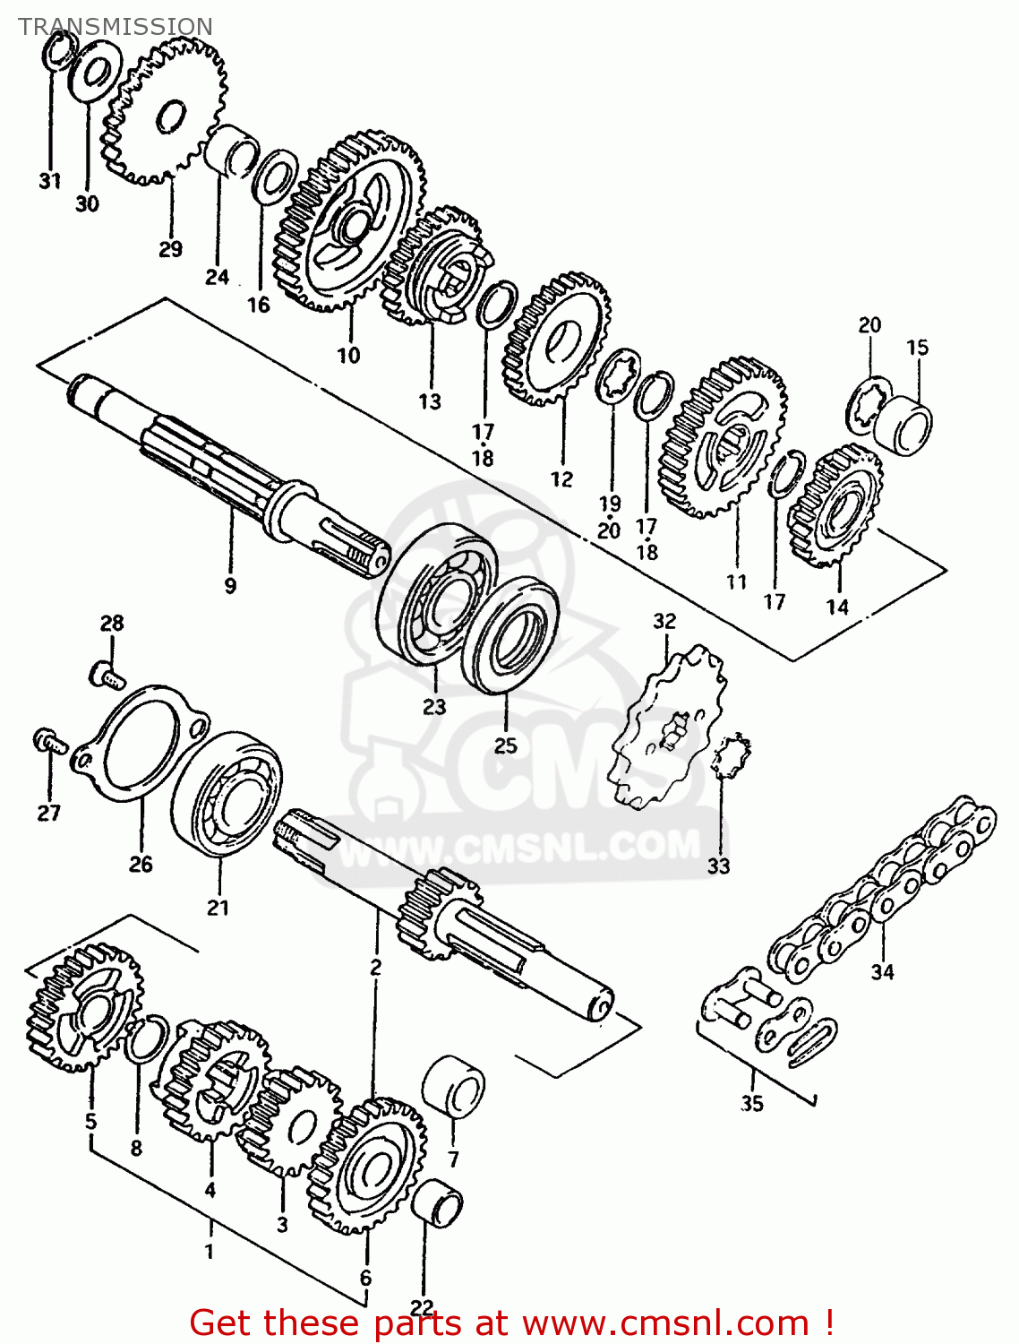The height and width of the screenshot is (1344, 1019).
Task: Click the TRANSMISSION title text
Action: tap(116, 26)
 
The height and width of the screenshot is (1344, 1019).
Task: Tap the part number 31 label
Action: tap(50, 181)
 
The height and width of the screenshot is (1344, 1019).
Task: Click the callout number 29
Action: tap(170, 249)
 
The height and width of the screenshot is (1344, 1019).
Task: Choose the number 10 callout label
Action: tap(348, 355)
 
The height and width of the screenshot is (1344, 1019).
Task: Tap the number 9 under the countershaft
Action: tap(230, 586)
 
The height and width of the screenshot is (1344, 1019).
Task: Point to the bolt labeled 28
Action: tap(108, 676)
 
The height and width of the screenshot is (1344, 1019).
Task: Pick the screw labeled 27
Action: tap(50, 742)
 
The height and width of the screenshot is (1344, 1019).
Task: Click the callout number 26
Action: tap(140, 864)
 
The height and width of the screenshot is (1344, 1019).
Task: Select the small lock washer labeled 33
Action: tap(732, 754)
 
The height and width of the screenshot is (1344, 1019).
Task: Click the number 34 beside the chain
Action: tap(882, 972)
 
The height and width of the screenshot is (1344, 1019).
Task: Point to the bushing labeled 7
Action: tap(453, 1086)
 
